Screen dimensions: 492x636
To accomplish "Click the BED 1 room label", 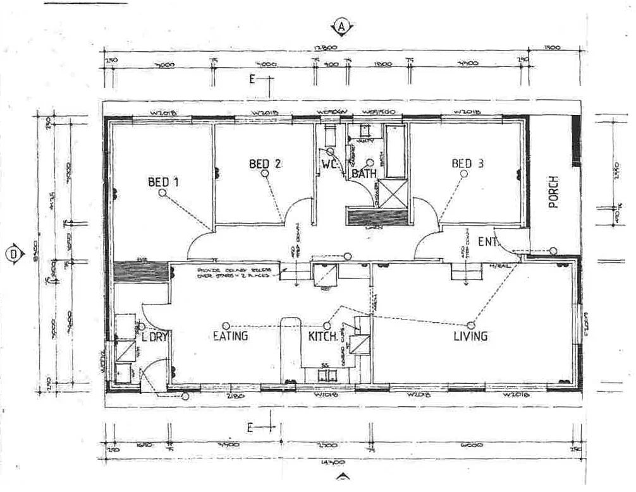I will pyautogui.click(x=163, y=183).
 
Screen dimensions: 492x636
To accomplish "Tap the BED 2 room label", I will pyautogui.click(x=265, y=164).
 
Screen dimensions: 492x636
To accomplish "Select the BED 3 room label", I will pyautogui.click(x=467, y=164).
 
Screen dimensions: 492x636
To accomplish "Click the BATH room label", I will pyautogui.click(x=365, y=173).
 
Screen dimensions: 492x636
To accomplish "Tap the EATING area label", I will pyautogui.click(x=230, y=336).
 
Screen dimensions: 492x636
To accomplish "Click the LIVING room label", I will pyautogui.click(x=470, y=336).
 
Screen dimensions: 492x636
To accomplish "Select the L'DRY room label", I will pyautogui.click(x=154, y=337).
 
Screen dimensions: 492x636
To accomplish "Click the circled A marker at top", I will pyautogui.click(x=342, y=27).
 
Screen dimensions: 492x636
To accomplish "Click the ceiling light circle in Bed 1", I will pyautogui.click(x=162, y=195).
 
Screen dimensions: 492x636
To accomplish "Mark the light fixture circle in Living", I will pyautogui.click(x=471, y=325).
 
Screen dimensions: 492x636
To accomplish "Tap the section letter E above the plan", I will pyautogui.click(x=251, y=79).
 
